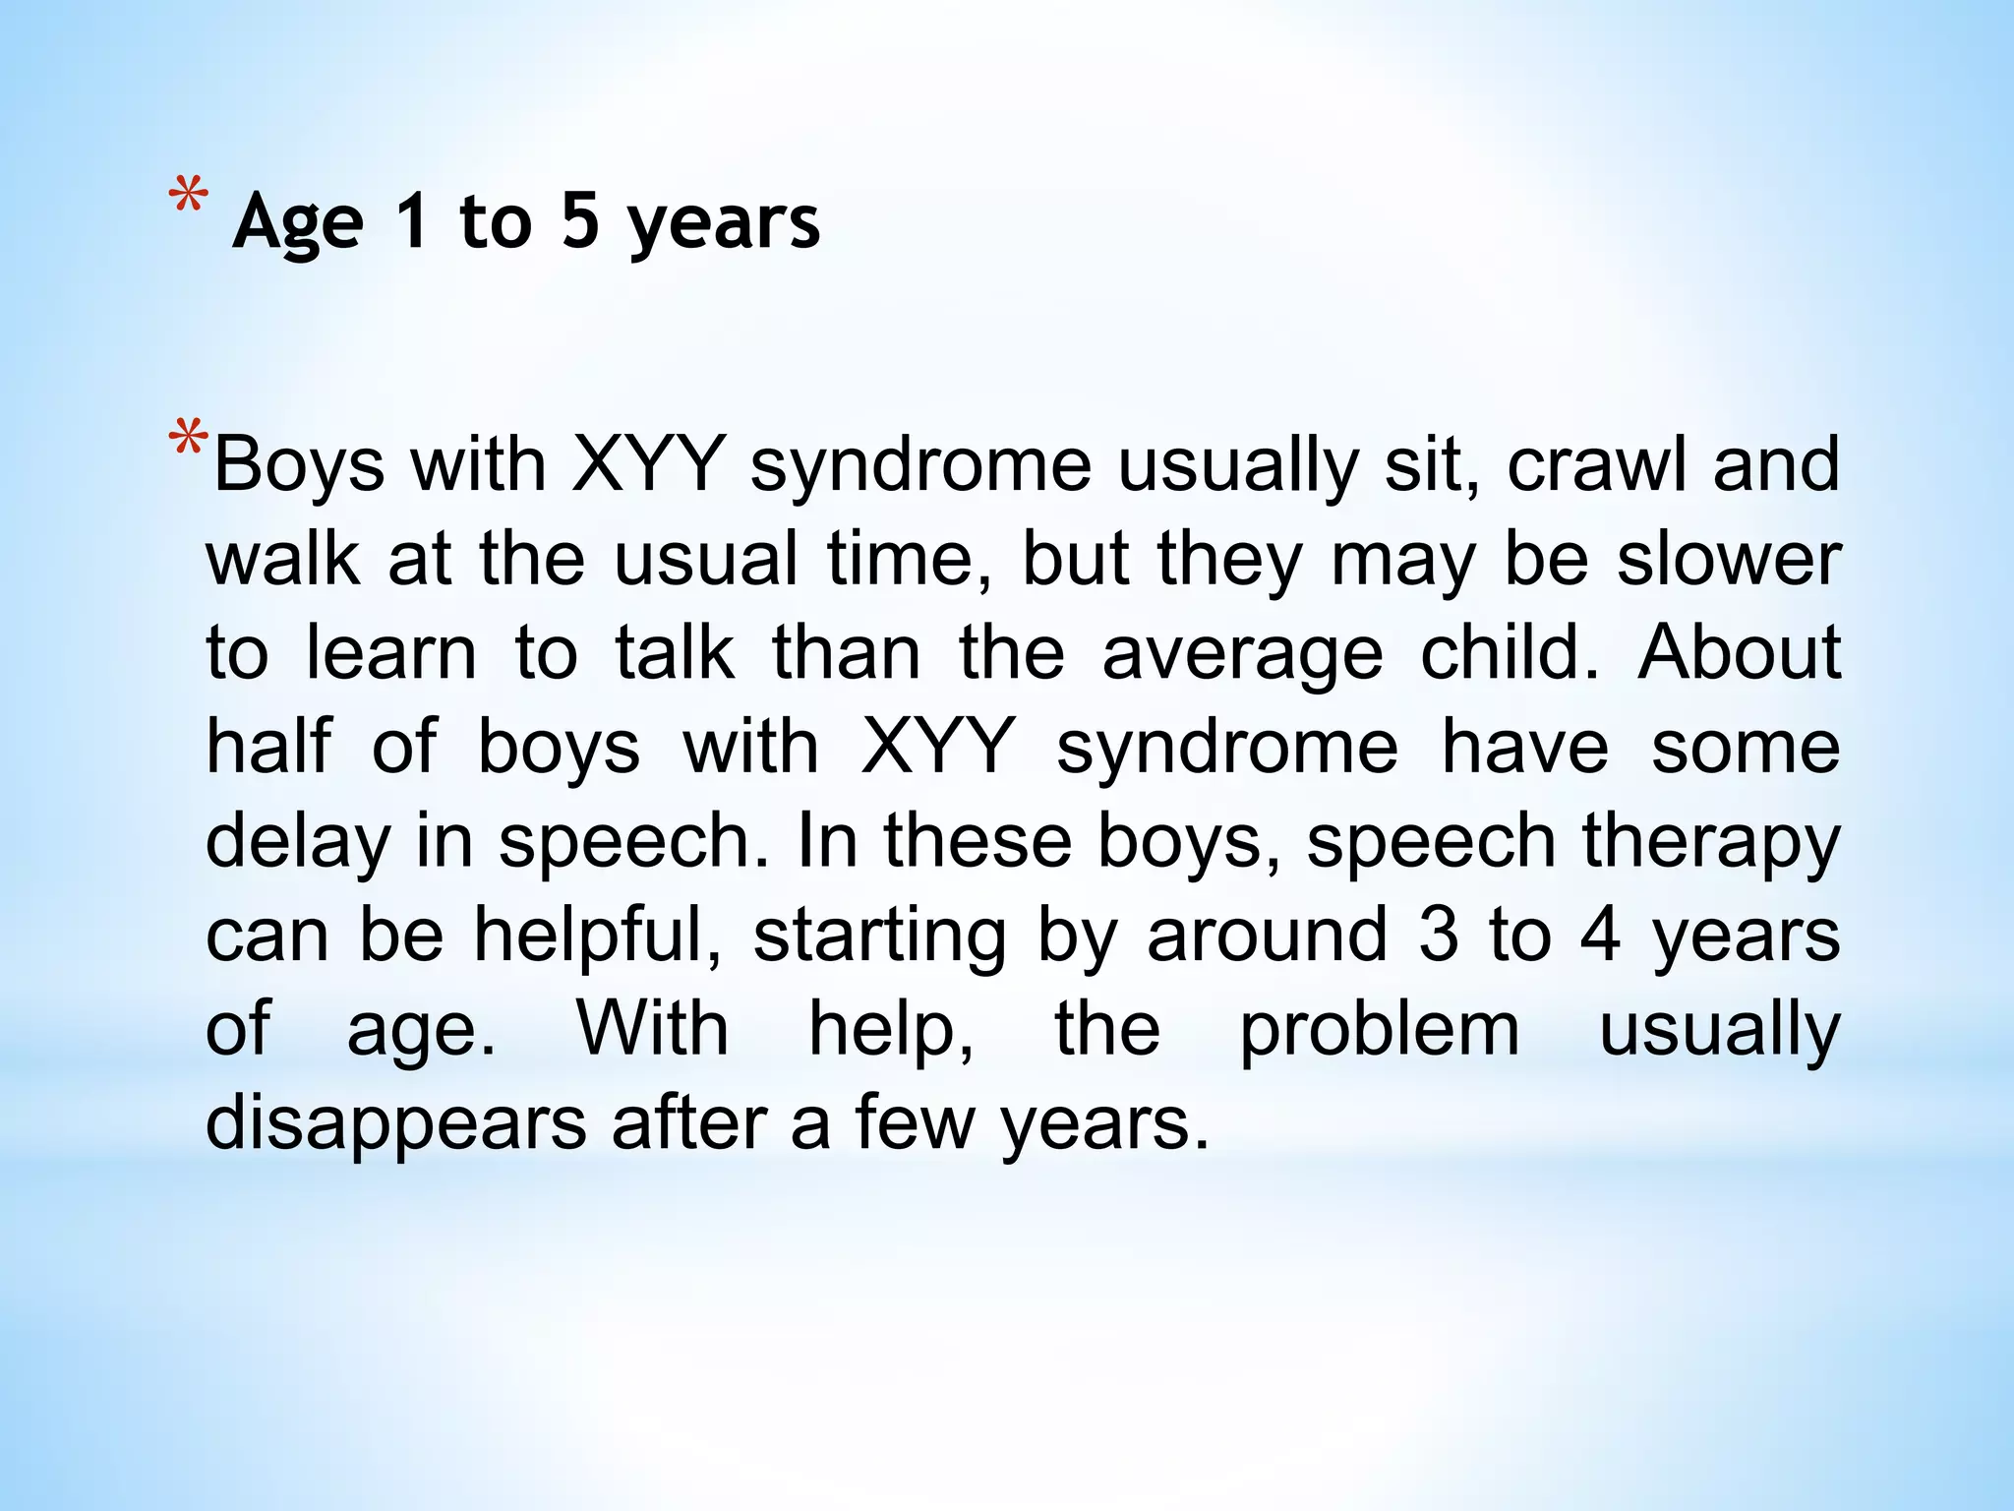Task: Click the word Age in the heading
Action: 298,222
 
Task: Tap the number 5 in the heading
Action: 580,219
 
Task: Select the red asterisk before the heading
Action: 188,196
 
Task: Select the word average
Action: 1242,653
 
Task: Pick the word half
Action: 268,746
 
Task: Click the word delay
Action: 297,842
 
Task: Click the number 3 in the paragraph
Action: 1439,935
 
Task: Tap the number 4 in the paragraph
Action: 1600,935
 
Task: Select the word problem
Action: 1379,1031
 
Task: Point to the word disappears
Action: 395,1123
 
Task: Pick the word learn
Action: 390,653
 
